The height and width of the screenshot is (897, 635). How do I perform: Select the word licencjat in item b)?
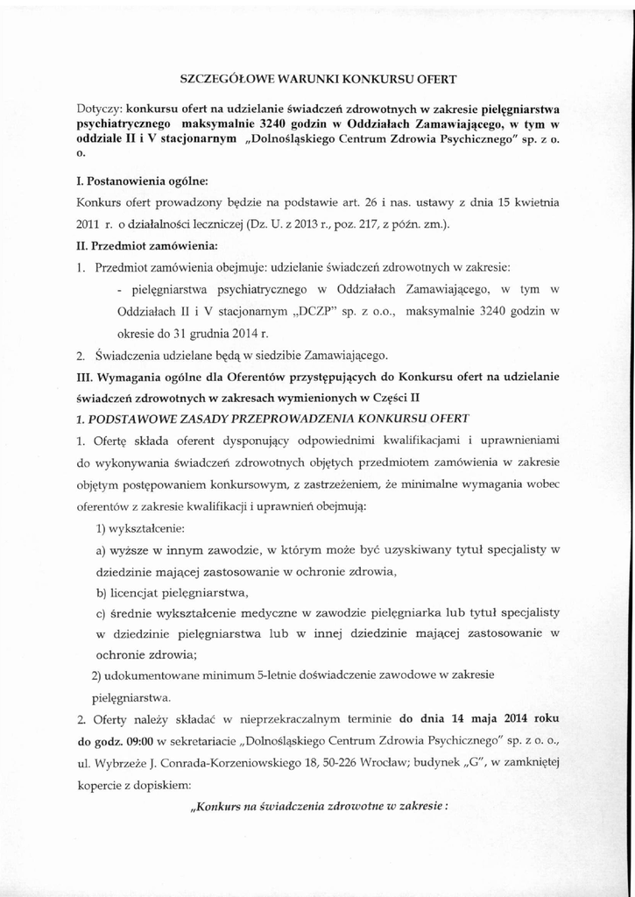(137, 593)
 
